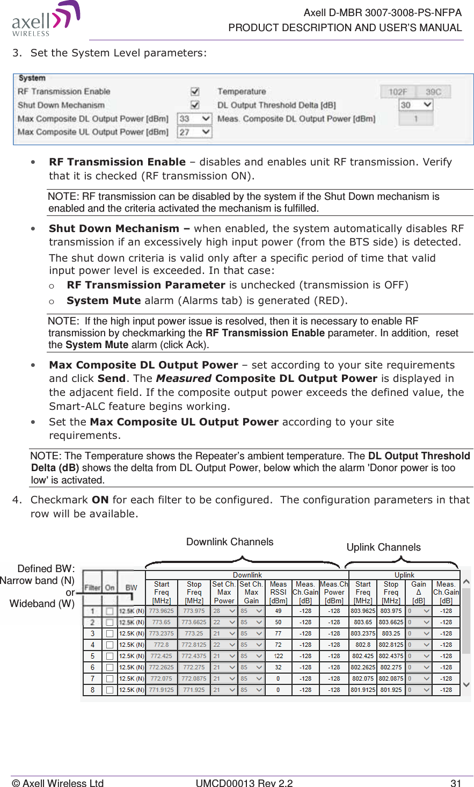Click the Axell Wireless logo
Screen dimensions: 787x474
click(46, 19)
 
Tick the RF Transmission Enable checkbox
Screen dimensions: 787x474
click(195, 92)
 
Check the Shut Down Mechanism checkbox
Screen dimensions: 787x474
click(195, 105)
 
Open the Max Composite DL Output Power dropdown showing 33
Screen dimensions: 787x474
click(194, 119)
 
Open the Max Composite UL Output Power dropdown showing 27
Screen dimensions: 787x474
click(194, 132)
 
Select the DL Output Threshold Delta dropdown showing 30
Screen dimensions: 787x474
click(416, 105)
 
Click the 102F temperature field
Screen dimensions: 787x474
click(398, 92)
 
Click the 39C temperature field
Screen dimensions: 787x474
click(433, 92)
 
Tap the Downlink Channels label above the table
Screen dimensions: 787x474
click(230, 542)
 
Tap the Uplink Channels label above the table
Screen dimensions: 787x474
click(383, 547)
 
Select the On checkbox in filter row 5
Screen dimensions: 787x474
click(110, 656)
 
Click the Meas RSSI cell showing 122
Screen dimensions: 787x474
click(278, 656)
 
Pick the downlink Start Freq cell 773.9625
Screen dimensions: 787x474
click(161, 611)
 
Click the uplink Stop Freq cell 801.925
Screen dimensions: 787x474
click(391, 690)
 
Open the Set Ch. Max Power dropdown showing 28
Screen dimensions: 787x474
click(224, 611)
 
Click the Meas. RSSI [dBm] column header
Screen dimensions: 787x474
click(278, 592)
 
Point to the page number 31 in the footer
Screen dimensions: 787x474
click(456, 783)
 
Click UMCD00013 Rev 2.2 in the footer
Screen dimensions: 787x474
click(244, 783)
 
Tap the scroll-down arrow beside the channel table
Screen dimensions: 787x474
click(466, 684)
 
